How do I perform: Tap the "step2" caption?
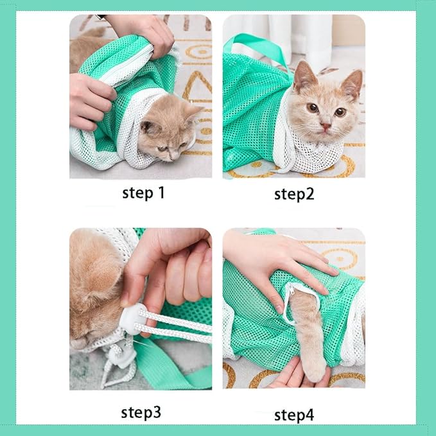294,193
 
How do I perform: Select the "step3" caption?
142,412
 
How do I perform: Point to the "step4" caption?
294,415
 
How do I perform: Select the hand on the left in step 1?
90,100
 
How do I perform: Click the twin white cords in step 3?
180,324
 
